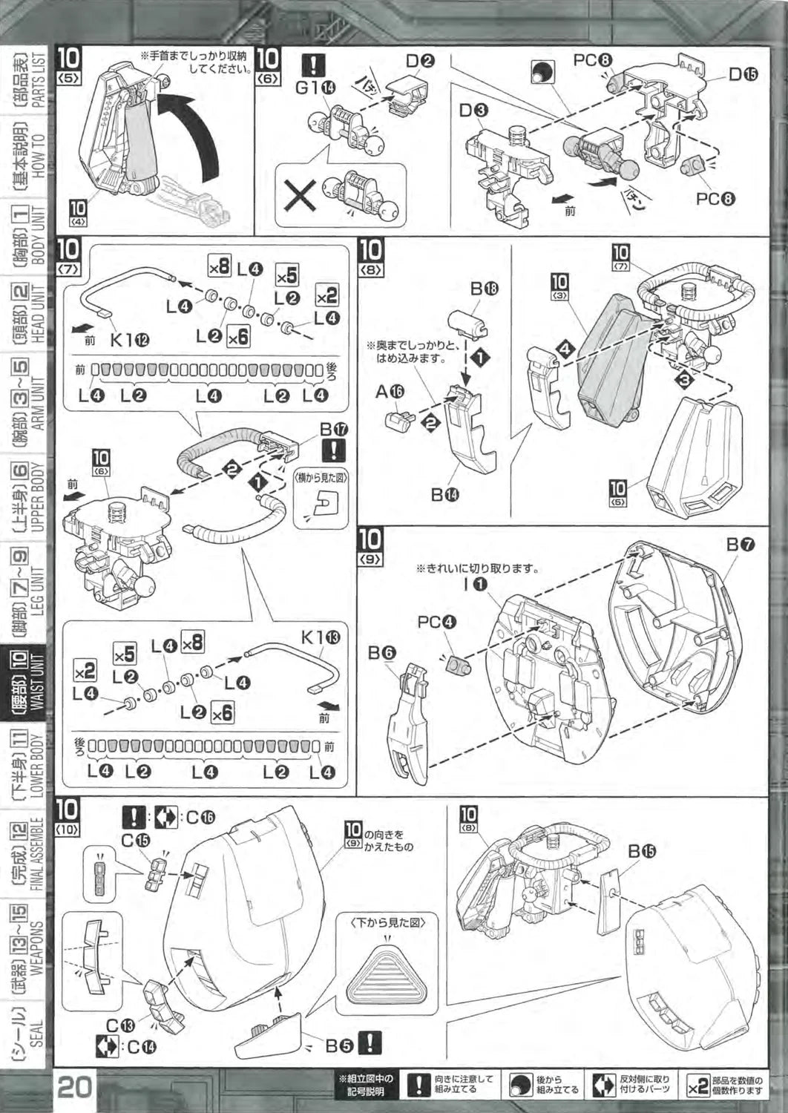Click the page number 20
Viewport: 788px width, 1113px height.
(74, 1087)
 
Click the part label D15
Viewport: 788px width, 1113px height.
(742, 76)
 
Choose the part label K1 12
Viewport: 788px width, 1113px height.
(128, 340)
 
